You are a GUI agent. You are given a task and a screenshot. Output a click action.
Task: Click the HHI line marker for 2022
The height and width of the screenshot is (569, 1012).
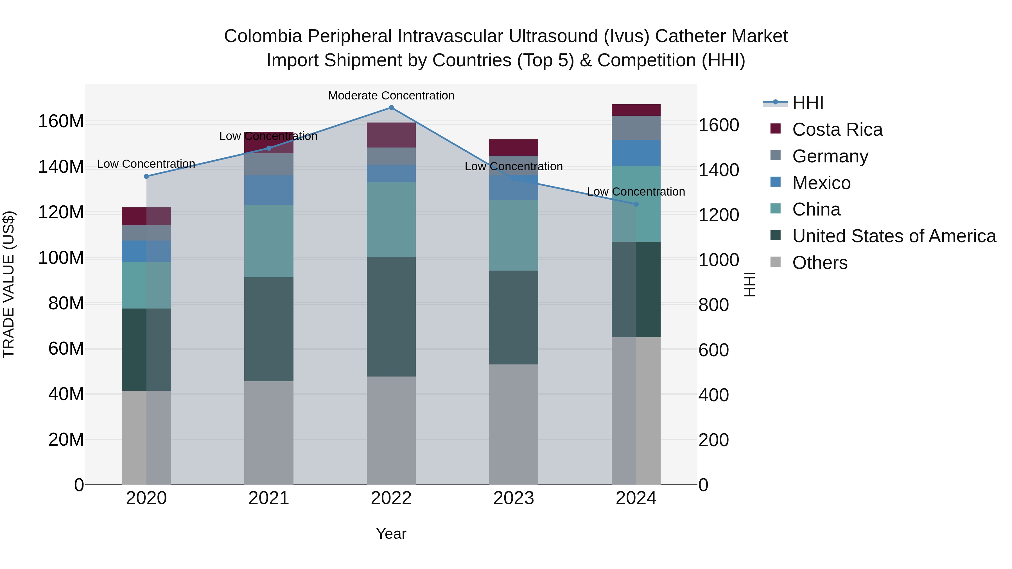391,108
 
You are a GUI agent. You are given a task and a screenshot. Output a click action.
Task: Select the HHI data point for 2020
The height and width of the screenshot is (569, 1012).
146,176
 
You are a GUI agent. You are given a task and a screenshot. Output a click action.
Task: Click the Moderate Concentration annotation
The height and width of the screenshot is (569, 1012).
391,96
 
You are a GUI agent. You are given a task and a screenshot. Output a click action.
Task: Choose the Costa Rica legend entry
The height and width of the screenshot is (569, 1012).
837,130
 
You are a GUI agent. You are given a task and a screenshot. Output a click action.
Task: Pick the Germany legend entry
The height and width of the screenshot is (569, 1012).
830,156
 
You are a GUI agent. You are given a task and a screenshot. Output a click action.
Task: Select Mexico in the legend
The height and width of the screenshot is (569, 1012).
821,183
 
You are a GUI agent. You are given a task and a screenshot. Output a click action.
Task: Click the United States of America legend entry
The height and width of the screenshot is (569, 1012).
894,236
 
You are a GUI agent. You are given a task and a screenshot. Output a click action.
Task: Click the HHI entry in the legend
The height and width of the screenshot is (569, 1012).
807,103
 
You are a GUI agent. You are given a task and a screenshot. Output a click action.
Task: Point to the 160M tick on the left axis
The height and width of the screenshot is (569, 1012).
61,121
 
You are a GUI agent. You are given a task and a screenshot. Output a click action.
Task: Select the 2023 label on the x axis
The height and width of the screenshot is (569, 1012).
514,498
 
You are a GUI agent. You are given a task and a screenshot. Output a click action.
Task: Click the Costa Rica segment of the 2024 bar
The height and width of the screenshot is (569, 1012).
636,110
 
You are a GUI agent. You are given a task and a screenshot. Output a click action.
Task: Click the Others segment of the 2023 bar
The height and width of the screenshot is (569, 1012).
514,424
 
